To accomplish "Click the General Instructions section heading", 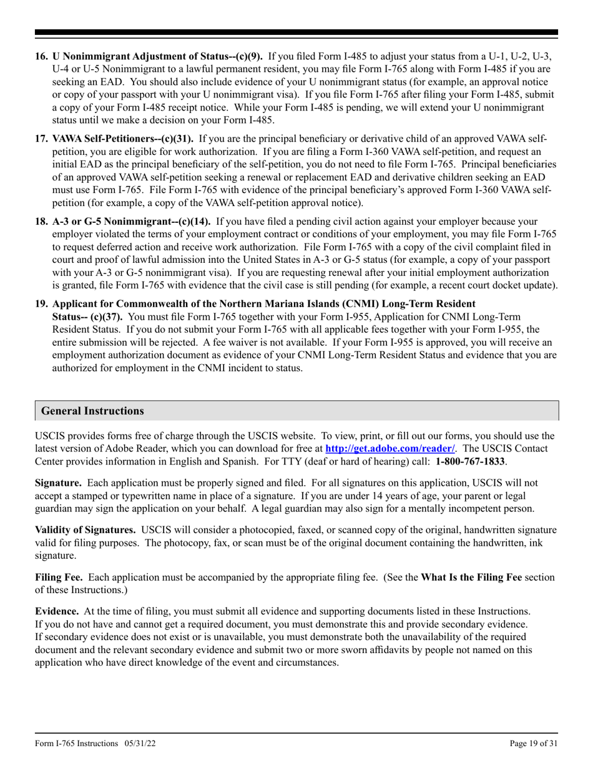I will coord(92,411).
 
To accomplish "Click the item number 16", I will coord(42,57).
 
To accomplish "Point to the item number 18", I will coord(42,221).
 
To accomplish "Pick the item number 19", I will coord(42,303).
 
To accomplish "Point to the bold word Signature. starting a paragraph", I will coord(58,483).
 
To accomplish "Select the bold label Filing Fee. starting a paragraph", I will coord(60,577).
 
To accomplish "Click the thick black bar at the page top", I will coord(296,32).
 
